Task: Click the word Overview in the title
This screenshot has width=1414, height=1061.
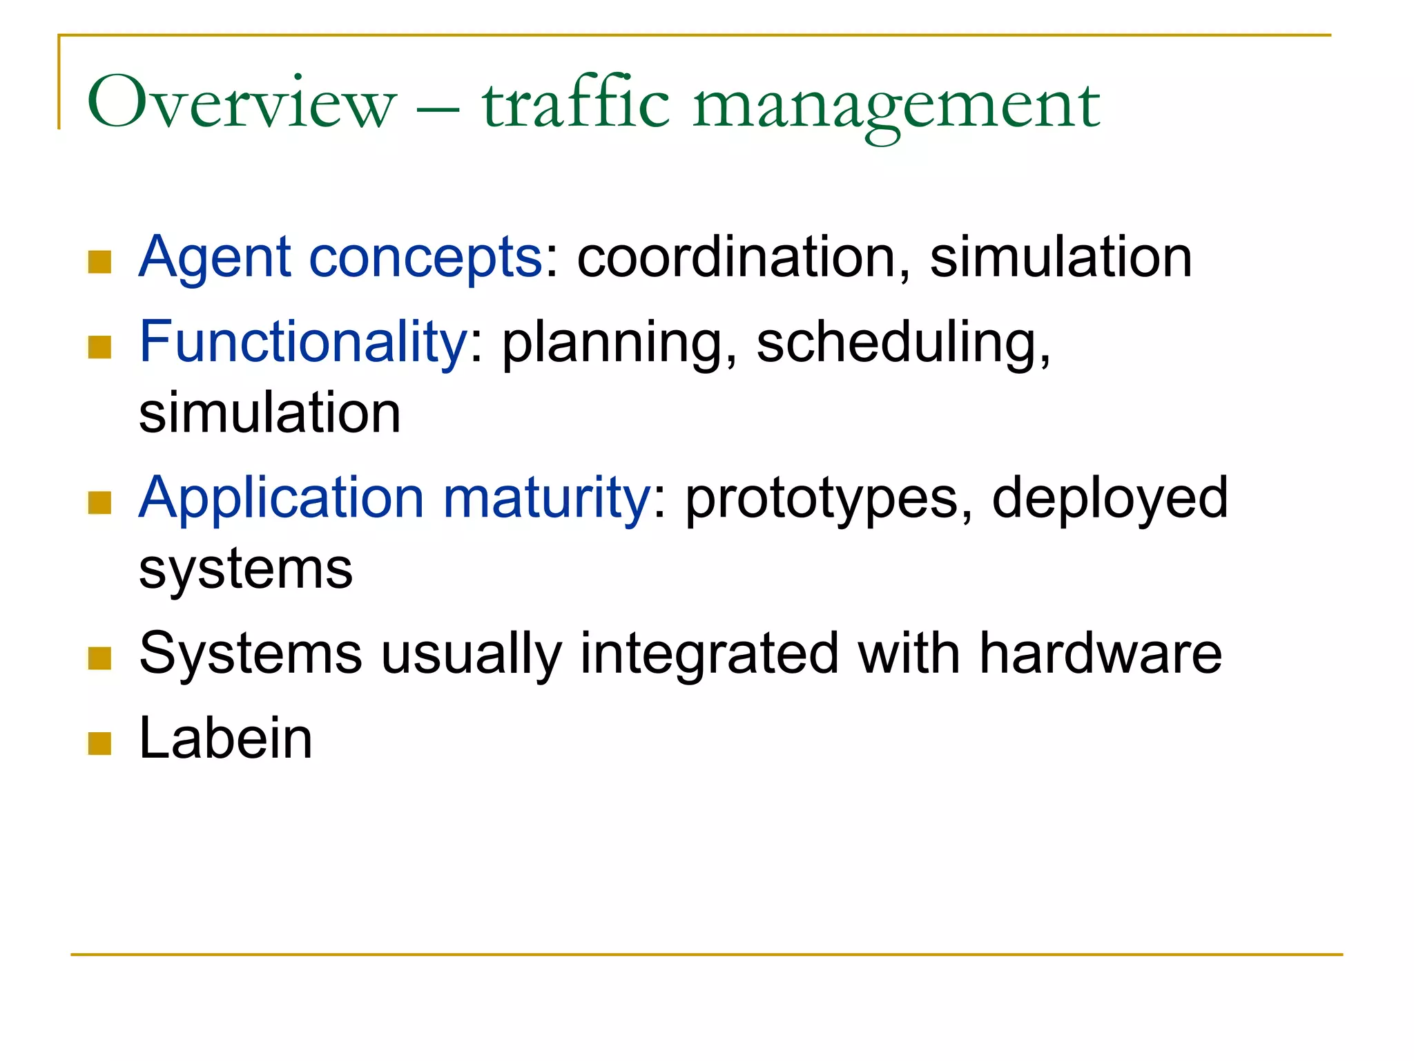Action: tap(242, 104)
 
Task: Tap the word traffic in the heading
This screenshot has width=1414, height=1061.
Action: tap(576, 104)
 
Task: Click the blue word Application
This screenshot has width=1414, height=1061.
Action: tap(281, 499)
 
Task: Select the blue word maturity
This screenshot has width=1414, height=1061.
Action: tap(546, 499)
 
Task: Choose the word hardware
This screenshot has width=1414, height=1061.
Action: tap(1101, 653)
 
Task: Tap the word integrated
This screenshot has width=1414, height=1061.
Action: tap(709, 655)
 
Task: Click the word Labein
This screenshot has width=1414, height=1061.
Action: tap(226, 738)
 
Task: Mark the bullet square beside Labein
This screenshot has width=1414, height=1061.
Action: tap(100, 744)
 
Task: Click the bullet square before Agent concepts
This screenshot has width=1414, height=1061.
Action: tap(100, 262)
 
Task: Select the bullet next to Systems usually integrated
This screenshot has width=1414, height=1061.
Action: tap(100, 658)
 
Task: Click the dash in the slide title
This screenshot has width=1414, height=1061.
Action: tap(438, 109)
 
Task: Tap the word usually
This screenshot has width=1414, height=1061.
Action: tap(471, 655)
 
